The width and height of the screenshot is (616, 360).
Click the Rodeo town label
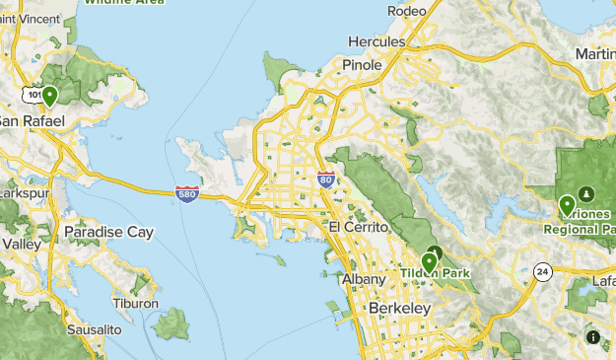(406, 11)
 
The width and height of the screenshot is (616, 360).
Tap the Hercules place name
(376, 42)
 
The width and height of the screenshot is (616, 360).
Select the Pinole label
(361, 64)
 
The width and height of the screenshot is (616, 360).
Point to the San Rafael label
(30, 119)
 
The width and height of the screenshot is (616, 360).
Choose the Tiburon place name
(135, 304)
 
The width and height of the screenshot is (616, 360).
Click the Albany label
(363, 280)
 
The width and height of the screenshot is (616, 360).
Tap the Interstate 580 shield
(188, 193)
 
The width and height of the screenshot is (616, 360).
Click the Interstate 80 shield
(326, 180)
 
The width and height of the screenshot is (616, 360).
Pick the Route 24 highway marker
(541, 271)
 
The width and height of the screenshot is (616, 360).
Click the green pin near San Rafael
(48, 95)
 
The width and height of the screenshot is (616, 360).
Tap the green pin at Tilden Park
(428, 261)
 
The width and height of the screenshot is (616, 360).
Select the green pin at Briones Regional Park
(567, 205)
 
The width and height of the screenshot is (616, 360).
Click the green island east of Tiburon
(171, 323)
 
